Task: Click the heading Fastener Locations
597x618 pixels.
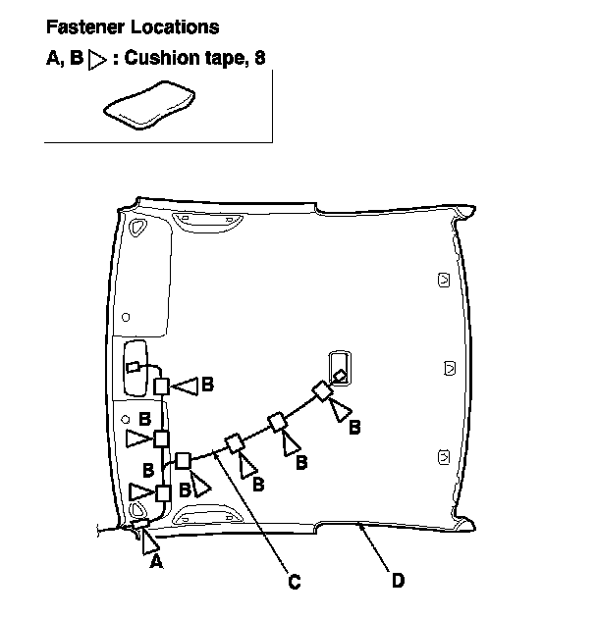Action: tap(133, 27)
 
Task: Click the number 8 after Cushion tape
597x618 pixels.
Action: tap(259, 59)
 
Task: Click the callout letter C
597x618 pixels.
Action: tap(294, 582)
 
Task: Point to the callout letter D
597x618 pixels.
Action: tap(397, 582)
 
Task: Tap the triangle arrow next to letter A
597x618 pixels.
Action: tap(149, 540)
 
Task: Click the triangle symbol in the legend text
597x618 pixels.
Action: tap(96, 60)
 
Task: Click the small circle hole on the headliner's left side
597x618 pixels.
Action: tap(127, 316)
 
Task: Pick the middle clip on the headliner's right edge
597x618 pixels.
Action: tap(449, 369)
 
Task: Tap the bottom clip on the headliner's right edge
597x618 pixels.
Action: tap(443, 455)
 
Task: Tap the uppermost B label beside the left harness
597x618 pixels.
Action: tap(206, 386)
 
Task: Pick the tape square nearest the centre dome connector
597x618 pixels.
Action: tap(322, 392)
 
